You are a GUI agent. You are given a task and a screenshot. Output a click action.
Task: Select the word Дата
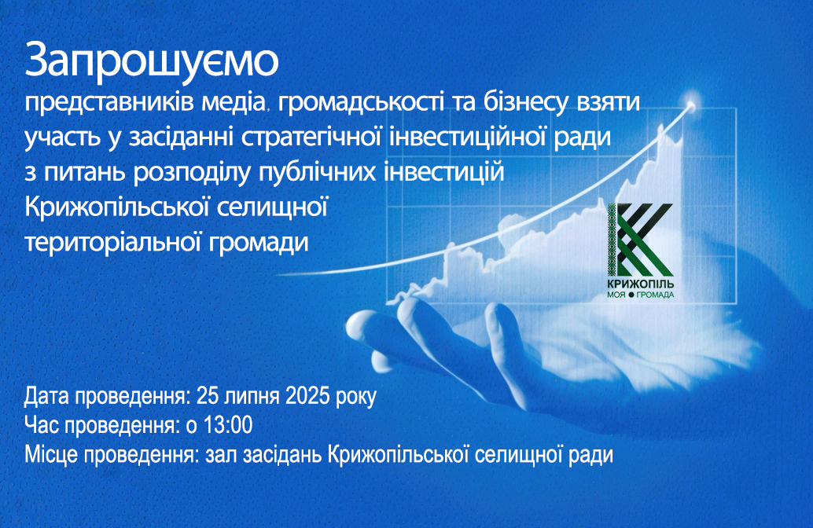pos(46,396)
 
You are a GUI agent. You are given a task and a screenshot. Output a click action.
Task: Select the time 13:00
pos(228,425)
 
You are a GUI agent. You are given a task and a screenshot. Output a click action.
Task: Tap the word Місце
pos(51,455)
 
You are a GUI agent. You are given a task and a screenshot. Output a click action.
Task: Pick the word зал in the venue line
pos(221,456)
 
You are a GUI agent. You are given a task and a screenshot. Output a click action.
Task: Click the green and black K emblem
pos(640,240)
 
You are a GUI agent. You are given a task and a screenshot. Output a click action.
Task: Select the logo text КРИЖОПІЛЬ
pos(640,284)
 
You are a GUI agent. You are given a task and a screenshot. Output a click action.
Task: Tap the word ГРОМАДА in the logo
pos(656,295)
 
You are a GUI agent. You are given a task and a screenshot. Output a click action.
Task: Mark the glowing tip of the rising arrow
pos(691,104)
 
